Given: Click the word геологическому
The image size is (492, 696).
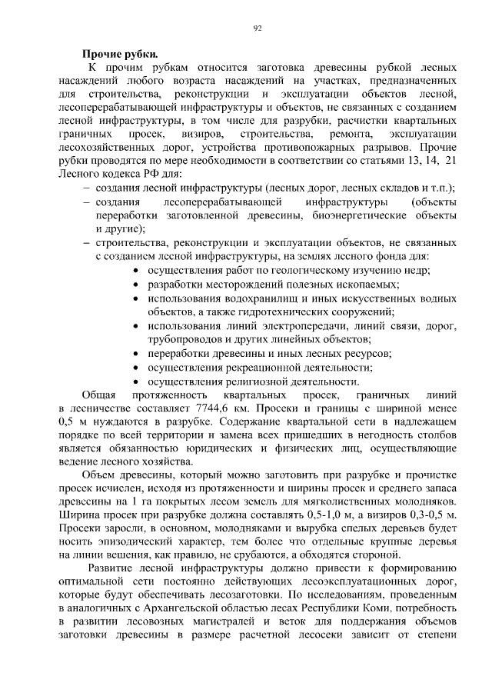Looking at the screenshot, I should pyautogui.click(x=302, y=270).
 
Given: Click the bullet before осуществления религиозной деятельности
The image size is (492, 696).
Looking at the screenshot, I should pyautogui.click(x=136, y=381).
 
